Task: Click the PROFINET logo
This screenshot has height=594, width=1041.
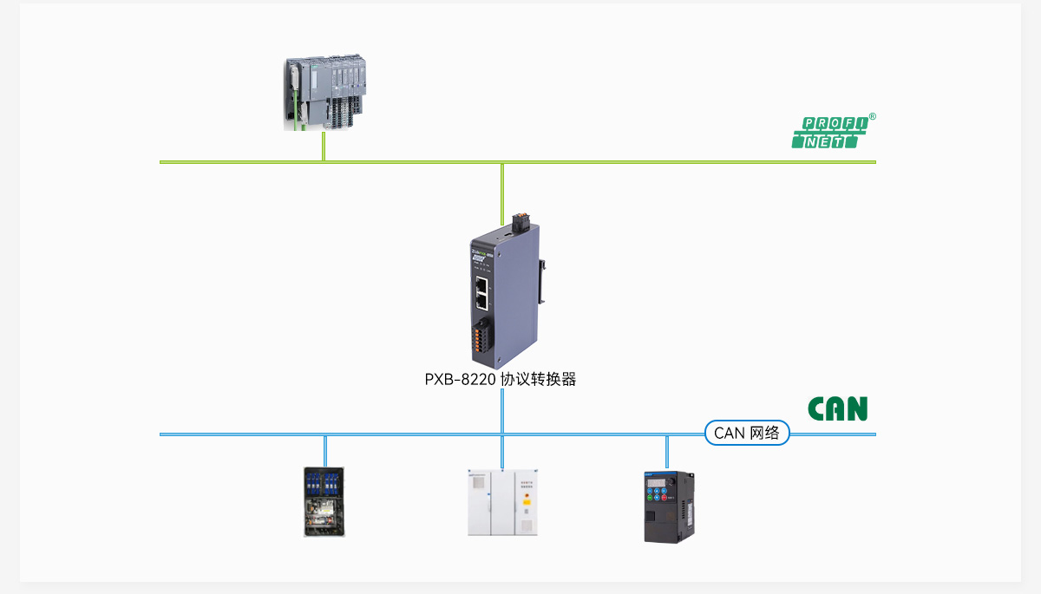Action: (829, 133)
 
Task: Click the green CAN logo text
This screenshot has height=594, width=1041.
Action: (837, 408)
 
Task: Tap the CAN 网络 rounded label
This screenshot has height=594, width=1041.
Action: (747, 433)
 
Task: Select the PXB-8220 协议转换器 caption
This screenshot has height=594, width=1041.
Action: (501, 379)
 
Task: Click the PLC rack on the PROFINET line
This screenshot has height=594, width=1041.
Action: (326, 93)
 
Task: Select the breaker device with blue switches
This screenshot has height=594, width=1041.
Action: (325, 501)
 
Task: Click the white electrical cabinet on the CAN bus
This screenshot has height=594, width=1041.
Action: (502, 503)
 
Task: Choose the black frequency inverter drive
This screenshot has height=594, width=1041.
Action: (669, 506)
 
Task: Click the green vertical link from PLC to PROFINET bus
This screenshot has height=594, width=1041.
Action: (324, 146)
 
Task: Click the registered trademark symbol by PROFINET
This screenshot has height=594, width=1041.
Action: (872, 116)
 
